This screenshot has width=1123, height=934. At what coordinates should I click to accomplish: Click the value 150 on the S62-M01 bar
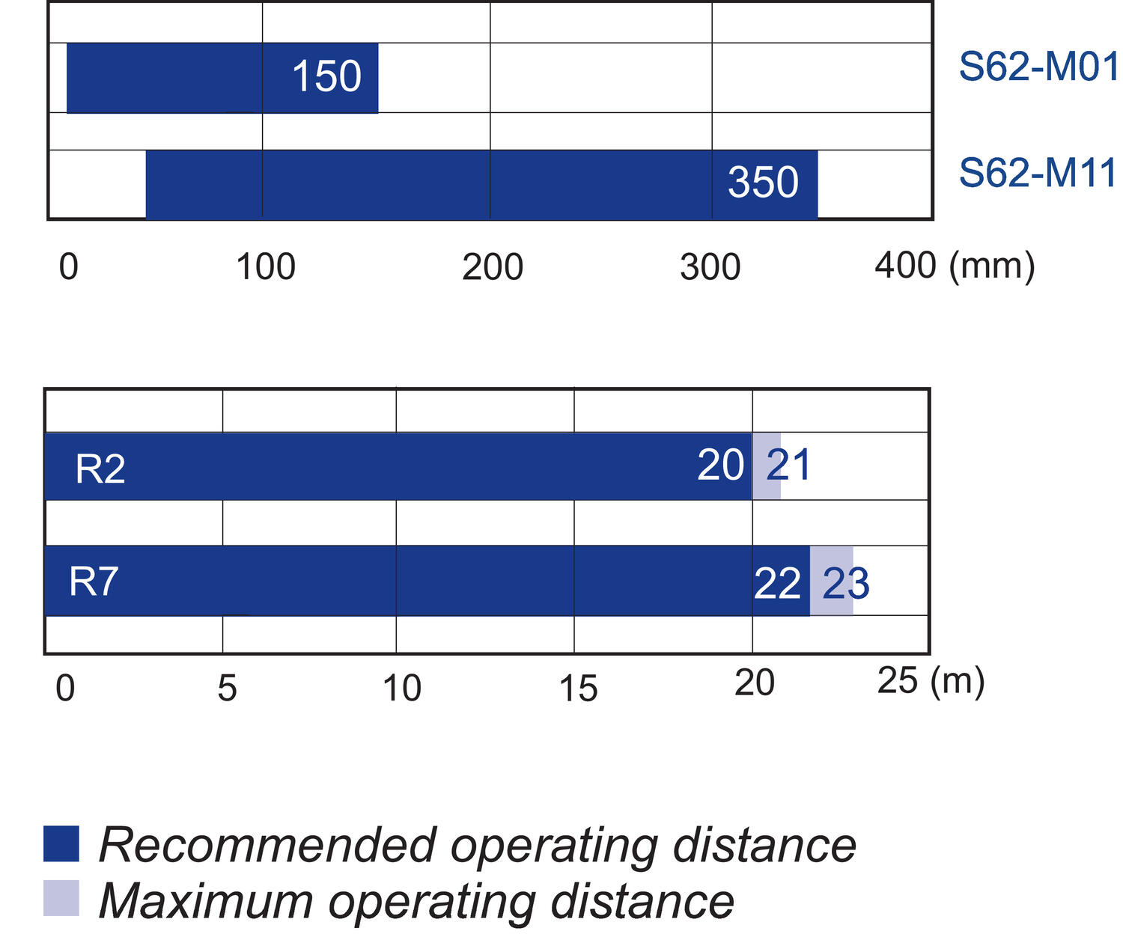pyautogui.click(x=326, y=76)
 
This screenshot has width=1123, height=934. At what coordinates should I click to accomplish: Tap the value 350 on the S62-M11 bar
pyautogui.click(x=763, y=183)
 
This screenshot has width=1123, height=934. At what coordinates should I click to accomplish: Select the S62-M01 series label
pyautogui.click(x=1038, y=67)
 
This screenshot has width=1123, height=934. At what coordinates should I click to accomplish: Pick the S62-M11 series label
pyautogui.click(x=1038, y=173)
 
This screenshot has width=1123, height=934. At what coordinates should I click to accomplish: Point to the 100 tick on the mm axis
pyautogui.click(x=266, y=267)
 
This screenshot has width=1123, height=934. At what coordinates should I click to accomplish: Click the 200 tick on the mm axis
pyautogui.click(x=492, y=267)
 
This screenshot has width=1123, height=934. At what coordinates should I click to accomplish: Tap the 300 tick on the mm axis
pyautogui.click(x=710, y=267)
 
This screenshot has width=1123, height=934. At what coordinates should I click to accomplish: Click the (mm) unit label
pyautogui.click(x=992, y=266)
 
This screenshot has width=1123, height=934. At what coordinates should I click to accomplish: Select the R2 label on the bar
pyautogui.click(x=100, y=469)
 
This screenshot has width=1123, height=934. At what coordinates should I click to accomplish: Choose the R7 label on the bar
pyautogui.click(x=94, y=581)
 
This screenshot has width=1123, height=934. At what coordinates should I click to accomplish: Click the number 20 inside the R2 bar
pyautogui.click(x=720, y=466)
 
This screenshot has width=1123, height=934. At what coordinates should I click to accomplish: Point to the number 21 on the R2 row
pyautogui.click(x=789, y=466)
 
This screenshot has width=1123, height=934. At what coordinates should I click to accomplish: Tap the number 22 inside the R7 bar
pyautogui.click(x=777, y=584)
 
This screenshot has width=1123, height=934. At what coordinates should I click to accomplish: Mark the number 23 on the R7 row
pyautogui.click(x=845, y=584)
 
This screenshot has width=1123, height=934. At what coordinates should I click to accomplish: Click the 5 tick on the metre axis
pyautogui.click(x=227, y=688)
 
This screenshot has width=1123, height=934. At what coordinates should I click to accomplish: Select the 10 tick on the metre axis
pyautogui.click(x=402, y=688)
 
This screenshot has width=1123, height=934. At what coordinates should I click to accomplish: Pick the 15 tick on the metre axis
pyautogui.click(x=578, y=688)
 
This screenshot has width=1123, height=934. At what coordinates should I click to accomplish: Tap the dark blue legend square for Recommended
pyautogui.click(x=61, y=843)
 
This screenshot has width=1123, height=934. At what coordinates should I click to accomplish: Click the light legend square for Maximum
pyautogui.click(x=61, y=898)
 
